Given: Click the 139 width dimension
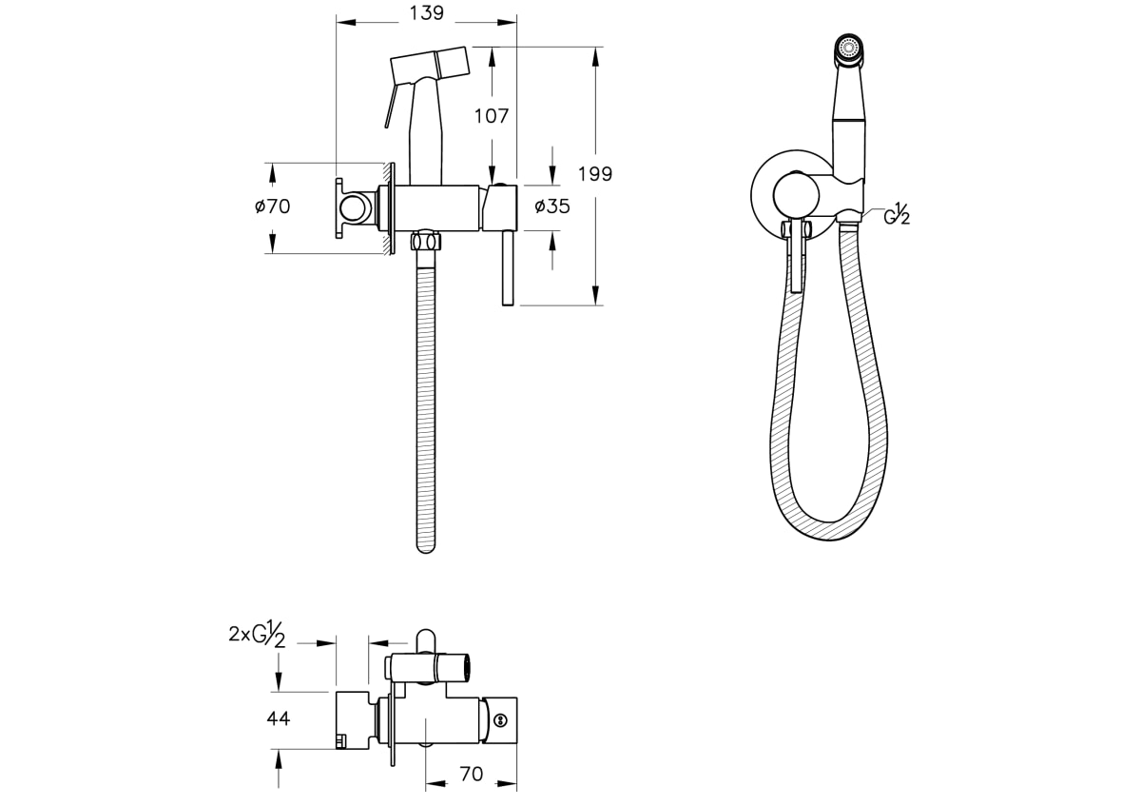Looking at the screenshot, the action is click(427, 13).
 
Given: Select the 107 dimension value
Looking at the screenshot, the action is click(492, 116).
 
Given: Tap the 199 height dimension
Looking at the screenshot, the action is click(595, 174).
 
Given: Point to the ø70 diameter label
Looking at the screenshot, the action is click(273, 206).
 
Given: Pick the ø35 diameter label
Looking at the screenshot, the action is click(552, 206).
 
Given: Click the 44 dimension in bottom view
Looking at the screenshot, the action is click(278, 718).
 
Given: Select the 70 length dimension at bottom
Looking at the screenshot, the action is click(472, 774).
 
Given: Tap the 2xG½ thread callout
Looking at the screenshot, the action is click(257, 634).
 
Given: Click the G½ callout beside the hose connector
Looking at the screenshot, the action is click(897, 214).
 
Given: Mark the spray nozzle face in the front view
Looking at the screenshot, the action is click(848, 48).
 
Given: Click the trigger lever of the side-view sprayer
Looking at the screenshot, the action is click(390, 106).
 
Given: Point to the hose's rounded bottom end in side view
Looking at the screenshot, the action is click(426, 546).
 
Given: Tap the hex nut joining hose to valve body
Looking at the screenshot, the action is click(425, 241).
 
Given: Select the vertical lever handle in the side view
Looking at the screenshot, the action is click(508, 267).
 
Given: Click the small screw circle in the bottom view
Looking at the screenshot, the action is click(501, 720).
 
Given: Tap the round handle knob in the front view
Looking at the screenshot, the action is click(796, 195).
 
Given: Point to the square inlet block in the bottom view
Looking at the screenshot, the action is click(352, 720).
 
